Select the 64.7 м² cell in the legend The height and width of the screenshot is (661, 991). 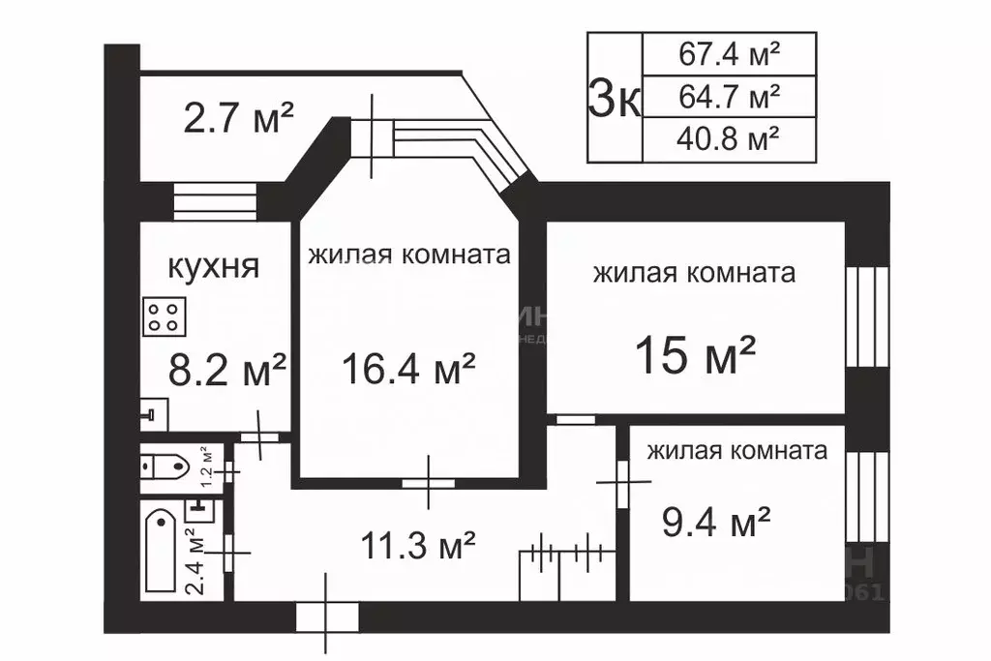(729, 96)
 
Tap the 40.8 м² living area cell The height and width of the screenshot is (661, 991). (729, 139)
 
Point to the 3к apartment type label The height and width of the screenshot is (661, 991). (615, 97)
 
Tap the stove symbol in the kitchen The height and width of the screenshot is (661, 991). (165, 315)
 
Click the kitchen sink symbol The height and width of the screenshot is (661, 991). (152, 415)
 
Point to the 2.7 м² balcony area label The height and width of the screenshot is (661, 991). (238, 120)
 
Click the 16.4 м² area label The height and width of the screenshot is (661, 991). (408, 369)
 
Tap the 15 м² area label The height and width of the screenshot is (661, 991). (695, 355)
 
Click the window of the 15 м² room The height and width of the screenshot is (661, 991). (867, 316)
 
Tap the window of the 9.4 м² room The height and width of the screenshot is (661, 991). (867, 496)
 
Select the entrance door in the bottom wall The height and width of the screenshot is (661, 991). (326, 616)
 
